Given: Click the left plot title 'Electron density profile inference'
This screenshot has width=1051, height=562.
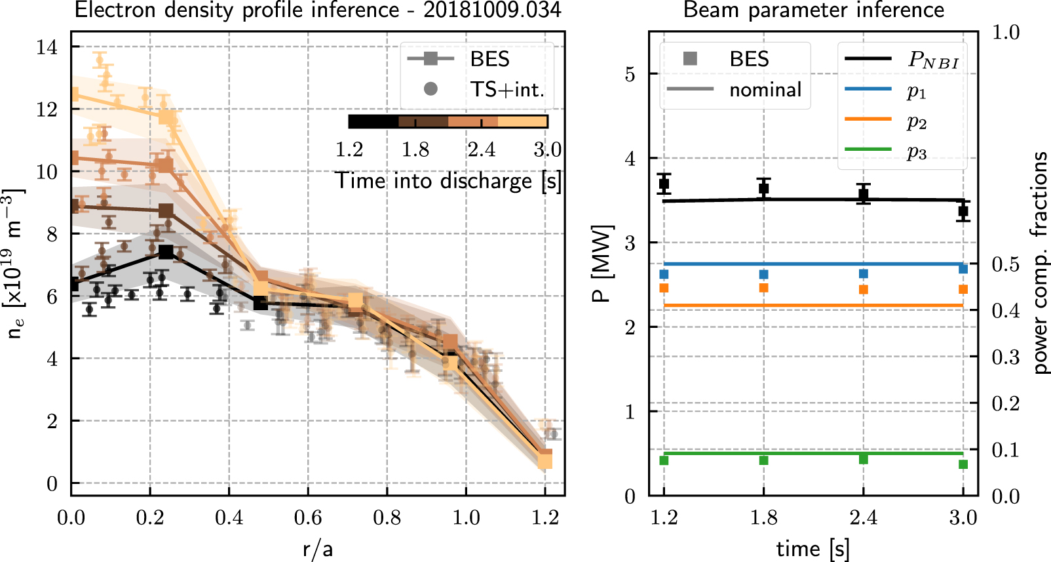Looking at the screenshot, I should pos(237,10).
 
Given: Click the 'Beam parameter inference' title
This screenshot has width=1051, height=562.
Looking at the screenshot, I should pos(813,10).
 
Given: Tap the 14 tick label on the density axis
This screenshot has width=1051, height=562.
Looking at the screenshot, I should pos(47,47).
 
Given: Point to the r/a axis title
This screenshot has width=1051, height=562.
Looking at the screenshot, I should pos(318,548).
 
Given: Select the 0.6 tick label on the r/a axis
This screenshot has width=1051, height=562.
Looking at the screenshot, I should pos(307,517).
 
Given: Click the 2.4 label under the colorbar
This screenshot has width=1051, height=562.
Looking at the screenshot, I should pos(482,150).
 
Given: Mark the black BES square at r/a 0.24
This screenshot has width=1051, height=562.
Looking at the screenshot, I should pos(166,252).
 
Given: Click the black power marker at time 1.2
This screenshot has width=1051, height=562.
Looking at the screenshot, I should pos(664,184).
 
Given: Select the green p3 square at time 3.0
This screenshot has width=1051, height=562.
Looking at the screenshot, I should pos(963,464).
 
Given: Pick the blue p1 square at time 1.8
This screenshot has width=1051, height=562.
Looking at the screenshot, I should pos(763,274).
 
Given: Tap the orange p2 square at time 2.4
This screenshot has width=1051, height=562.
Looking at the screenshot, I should pos(864,289).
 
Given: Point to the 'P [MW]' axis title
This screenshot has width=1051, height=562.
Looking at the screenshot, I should pos(601,263).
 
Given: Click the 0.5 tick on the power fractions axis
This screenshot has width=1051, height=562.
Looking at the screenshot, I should pos(1005,264).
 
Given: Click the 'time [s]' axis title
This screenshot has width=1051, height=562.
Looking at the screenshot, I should pos(812,548).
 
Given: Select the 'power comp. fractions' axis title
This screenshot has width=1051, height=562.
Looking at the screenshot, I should pos(1039,263).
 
